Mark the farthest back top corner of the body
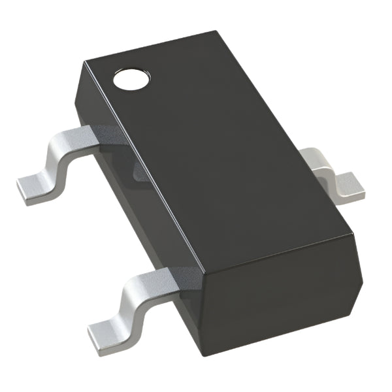[x=215, y=31]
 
